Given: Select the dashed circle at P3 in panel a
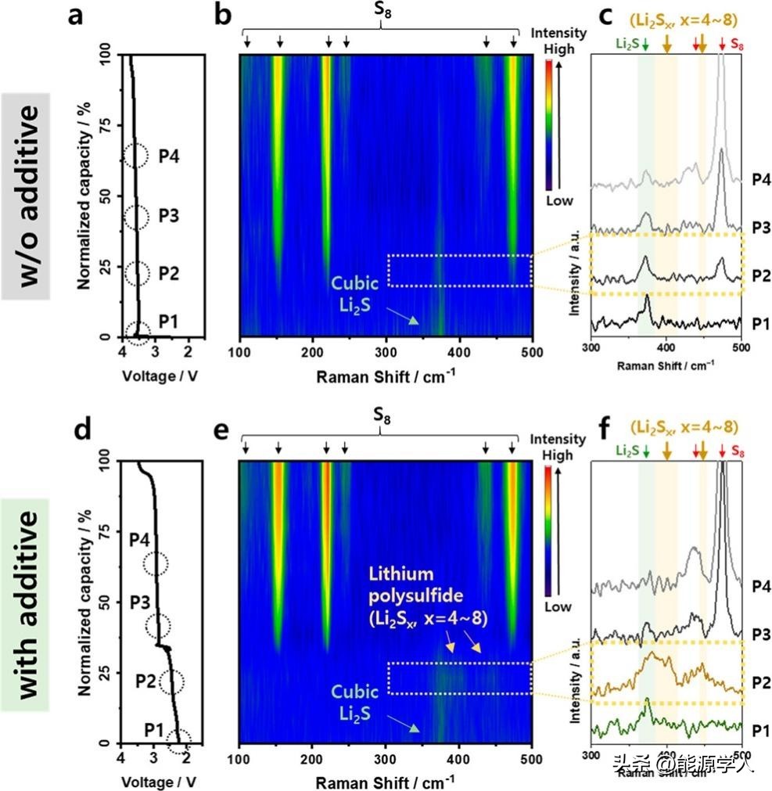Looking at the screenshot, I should tap(135, 217).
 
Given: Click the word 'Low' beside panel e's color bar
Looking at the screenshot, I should tap(558, 607).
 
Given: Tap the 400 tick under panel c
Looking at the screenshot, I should tap(665, 348).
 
